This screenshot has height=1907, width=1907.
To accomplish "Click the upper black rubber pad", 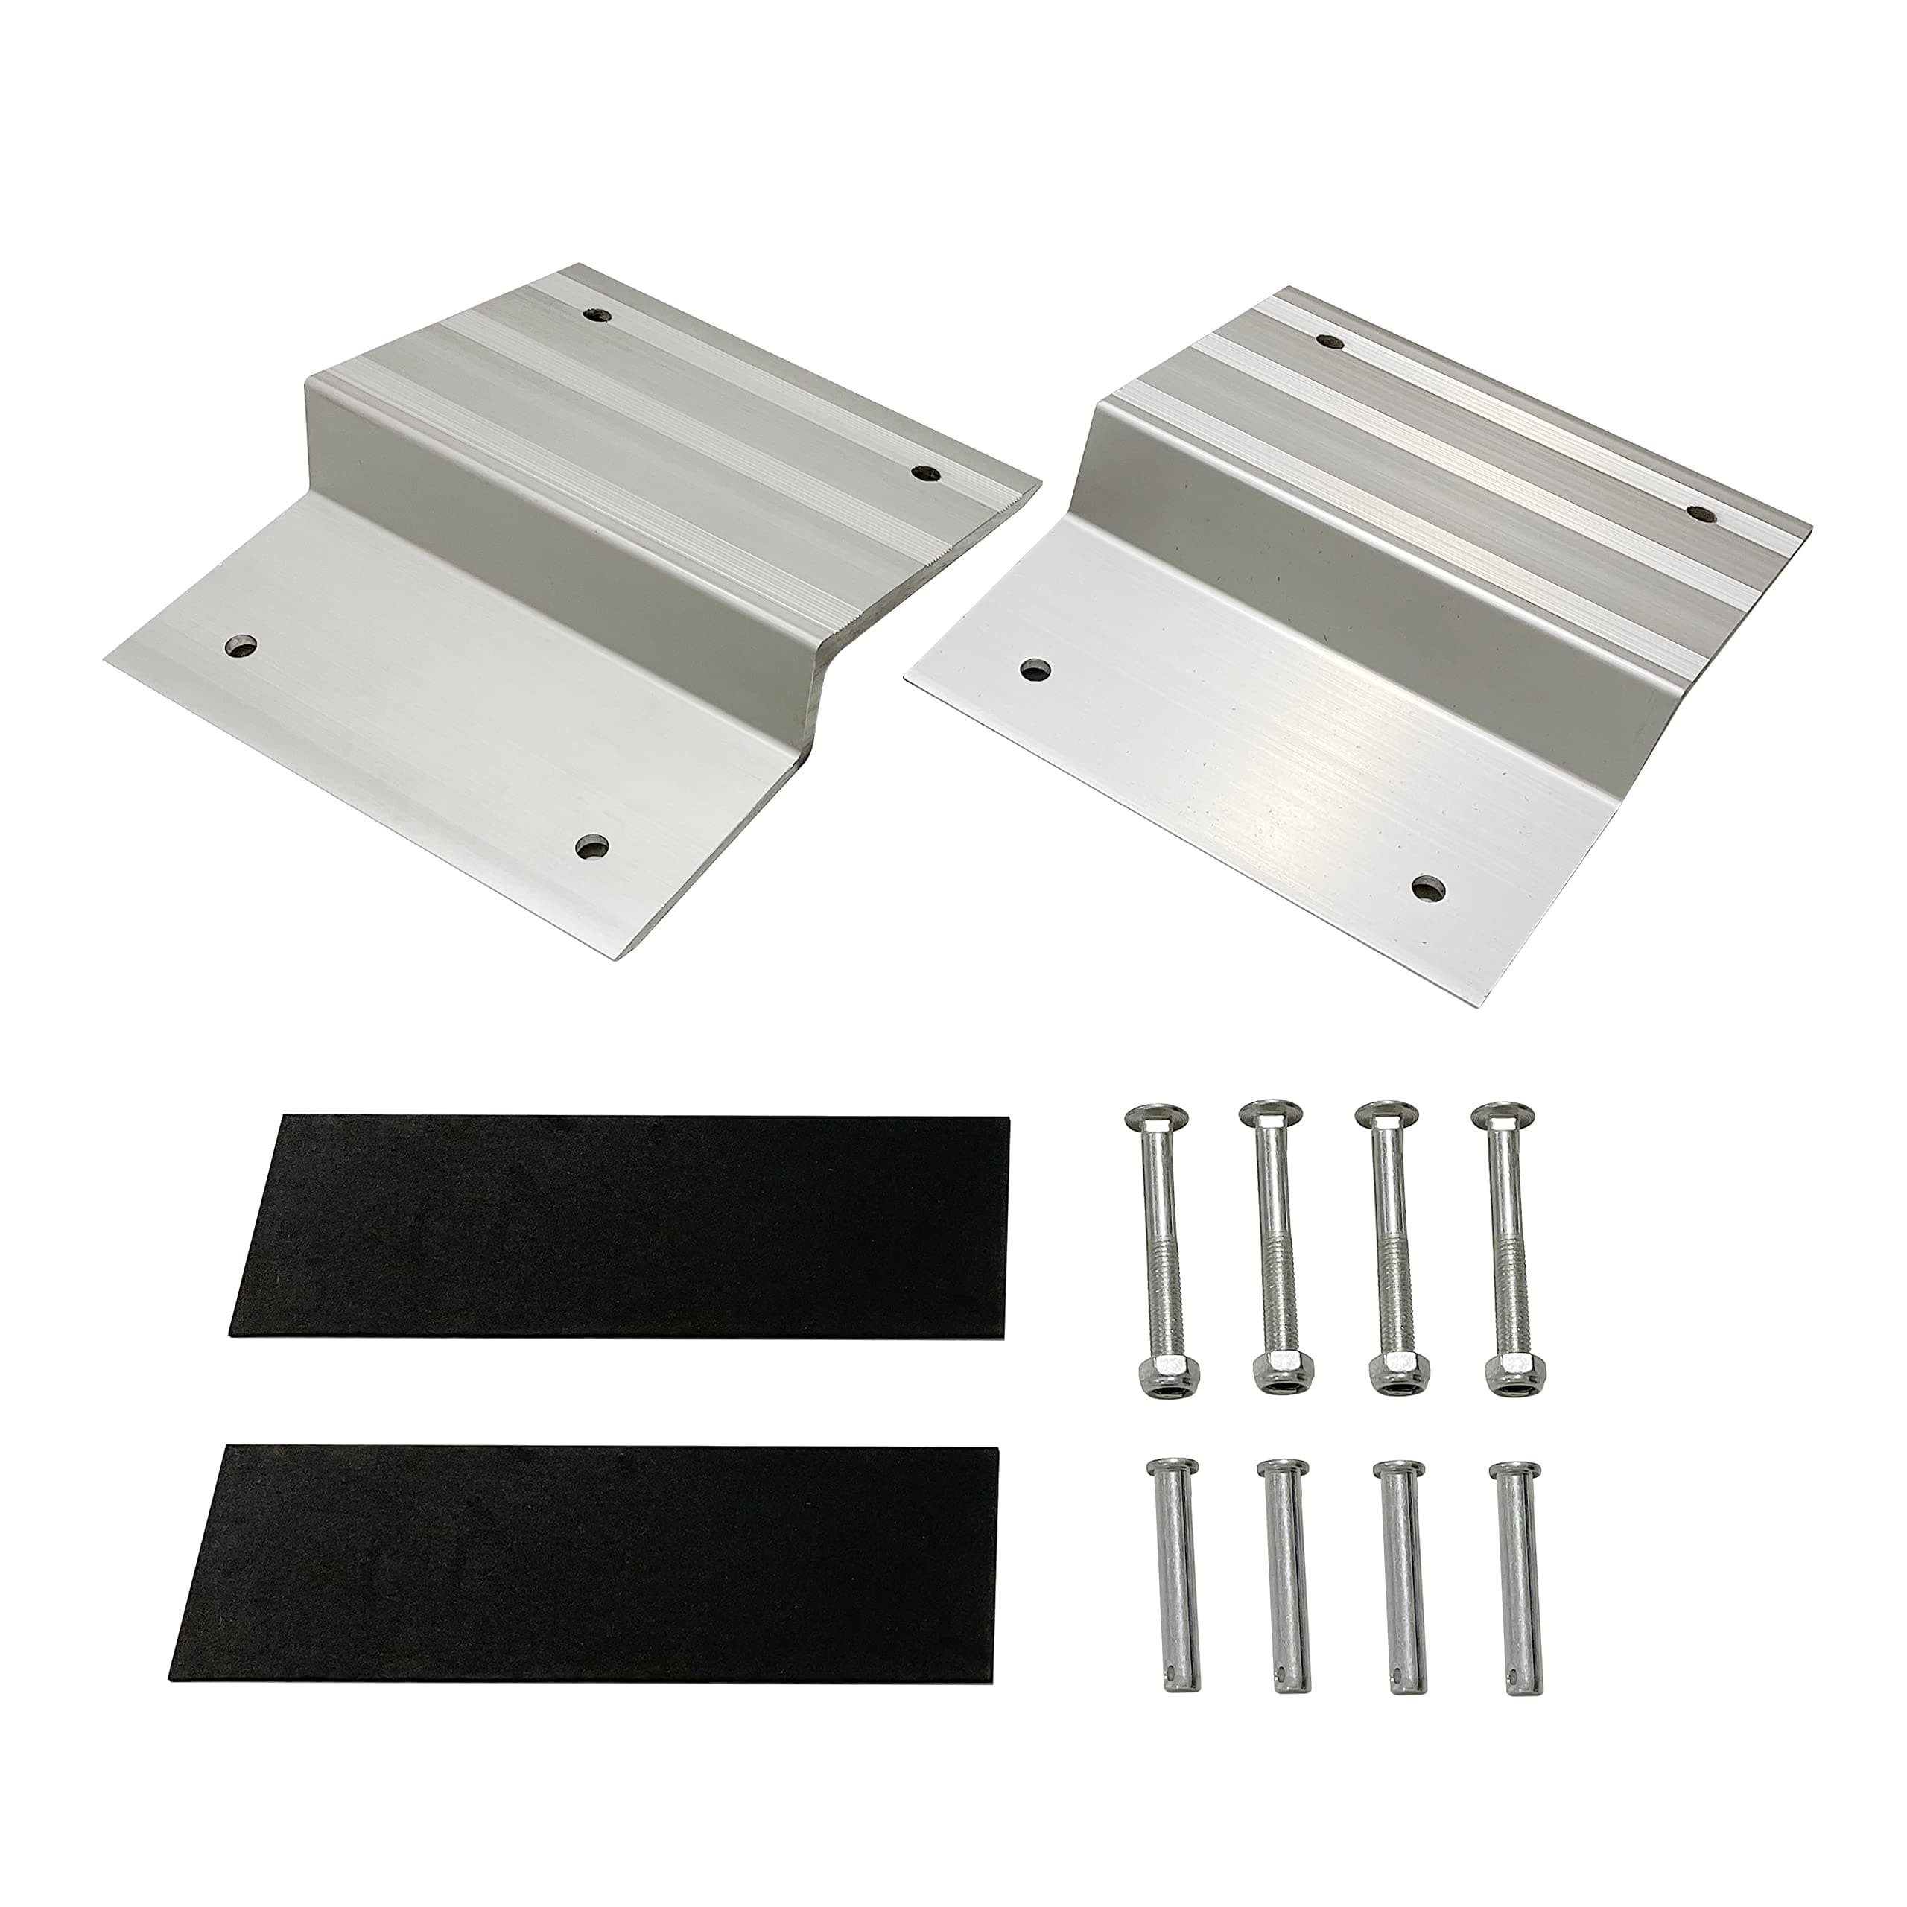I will point(620,1226).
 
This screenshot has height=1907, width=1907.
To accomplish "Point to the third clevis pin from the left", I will point(1396,1555).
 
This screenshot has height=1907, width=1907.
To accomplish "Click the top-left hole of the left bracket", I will point(595,317).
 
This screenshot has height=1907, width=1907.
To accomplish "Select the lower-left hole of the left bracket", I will point(240,647).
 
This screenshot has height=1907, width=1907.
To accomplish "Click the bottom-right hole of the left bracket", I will point(592,846).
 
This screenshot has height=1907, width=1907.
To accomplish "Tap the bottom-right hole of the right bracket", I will point(1424,887).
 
